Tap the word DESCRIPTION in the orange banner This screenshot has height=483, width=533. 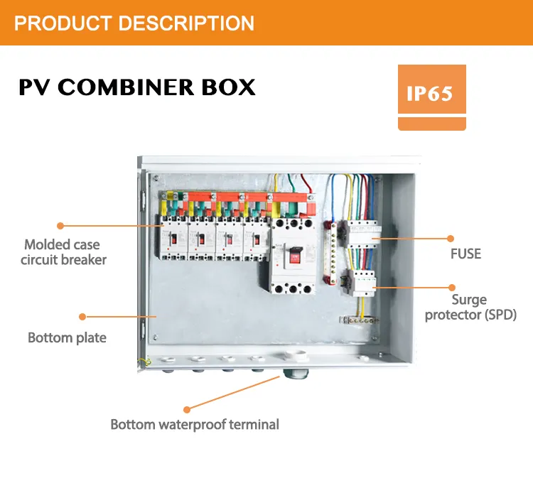tap(186, 23)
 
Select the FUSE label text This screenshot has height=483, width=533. tap(465, 254)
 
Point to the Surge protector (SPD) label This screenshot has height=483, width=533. tap(470, 307)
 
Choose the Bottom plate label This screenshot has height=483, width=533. tap(67, 337)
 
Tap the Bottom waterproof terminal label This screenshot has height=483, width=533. tap(195, 425)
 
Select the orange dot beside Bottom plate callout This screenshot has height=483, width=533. tap(82, 316)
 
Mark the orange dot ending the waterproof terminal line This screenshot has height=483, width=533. tap(187, 409)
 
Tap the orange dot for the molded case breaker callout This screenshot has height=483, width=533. tap(60, 225)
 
